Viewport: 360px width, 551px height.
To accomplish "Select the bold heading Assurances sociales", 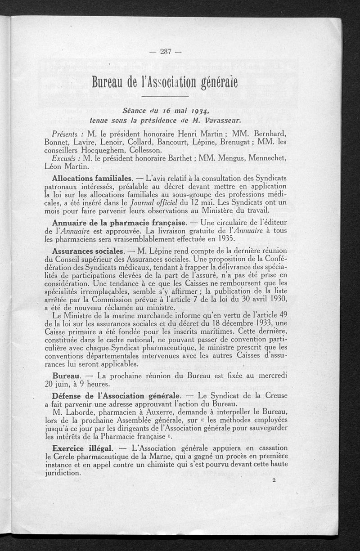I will tap(88, 250).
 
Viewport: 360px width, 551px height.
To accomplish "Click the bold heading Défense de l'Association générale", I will tap(117, 396).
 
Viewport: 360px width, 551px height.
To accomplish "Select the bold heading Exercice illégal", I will tap(84, 448).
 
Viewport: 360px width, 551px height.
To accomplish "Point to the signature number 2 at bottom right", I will tap(274, 480).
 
